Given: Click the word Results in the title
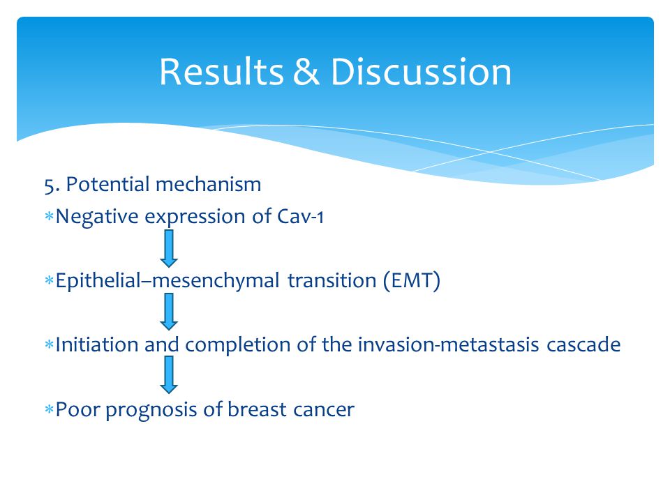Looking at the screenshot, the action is tap(221, 72).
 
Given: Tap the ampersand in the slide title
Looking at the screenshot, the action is tap(306, 72).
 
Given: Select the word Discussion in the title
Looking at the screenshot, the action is tap(421, 72).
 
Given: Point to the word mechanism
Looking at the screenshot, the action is tap(209, 184).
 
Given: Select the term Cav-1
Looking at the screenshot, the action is tap(300, 216).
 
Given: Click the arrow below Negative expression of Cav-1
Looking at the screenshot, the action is tap(169, 248).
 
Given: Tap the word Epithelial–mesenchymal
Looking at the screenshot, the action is tap(167, 281).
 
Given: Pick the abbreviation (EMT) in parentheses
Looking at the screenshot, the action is tap(412, 281).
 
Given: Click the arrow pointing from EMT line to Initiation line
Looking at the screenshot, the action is tap(169, 312).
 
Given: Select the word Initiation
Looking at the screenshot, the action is tap(97, 344).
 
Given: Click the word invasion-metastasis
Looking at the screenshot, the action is tap(448, 344).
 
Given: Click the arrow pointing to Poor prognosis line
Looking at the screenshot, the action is tap(169, 375).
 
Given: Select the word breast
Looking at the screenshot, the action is tap(257, 409).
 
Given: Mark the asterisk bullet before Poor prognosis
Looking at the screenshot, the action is tap(49, 410).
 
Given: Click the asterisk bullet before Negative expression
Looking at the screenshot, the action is tap(49, 216).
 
